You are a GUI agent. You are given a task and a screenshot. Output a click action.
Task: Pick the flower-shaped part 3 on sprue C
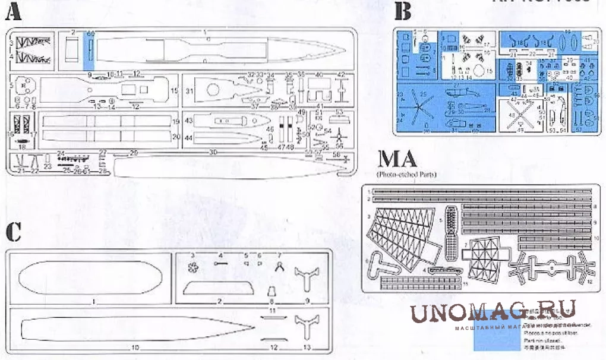(192, 267)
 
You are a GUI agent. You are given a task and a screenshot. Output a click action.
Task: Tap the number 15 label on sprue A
(175, 91)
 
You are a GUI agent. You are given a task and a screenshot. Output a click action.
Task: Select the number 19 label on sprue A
(176, 122)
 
